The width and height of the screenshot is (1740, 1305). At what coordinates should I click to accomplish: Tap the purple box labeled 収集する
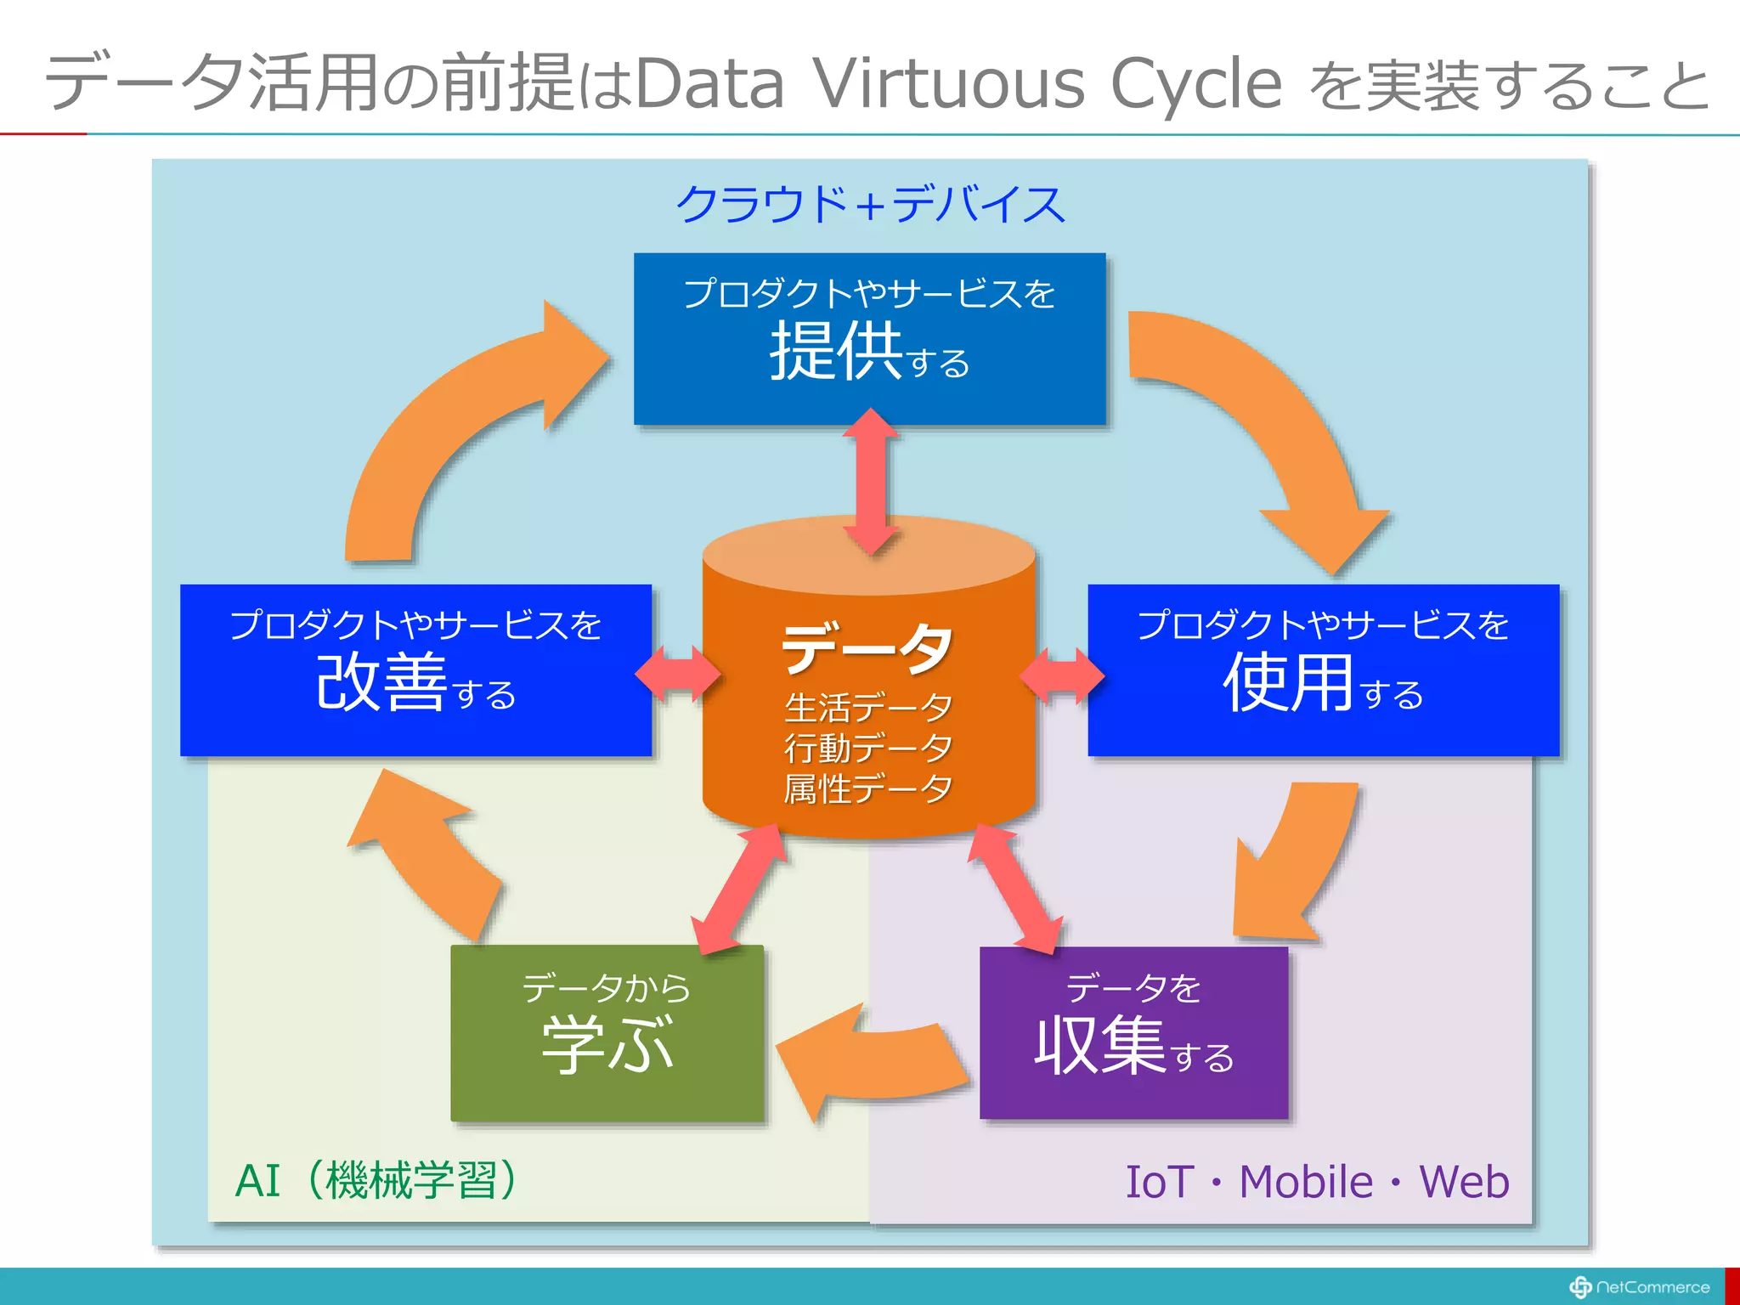pyautogui.click(x=1133, y=1032)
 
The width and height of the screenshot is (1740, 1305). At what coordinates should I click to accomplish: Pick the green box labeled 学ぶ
pyautogui.click(x=607, y=1032)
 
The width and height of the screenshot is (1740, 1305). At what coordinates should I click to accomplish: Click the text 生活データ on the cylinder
pyautogui.click(x=867, y=707)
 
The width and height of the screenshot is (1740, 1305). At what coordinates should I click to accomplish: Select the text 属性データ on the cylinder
pyautogui.click(x=867, y=788)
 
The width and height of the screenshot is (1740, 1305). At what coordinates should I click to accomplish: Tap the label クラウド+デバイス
pyautogui.click(x=869, y=205)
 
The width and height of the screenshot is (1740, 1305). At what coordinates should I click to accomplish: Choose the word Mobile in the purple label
pyautogui.click(x=1306, y=1182)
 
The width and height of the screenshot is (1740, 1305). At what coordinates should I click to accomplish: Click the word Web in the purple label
pyautogui.click(x=1464, y=1182)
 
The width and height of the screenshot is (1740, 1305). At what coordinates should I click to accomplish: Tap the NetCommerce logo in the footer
pyautogui.click(x=1639, y=1287)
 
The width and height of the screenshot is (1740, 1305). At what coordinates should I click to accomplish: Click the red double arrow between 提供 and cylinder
pyautogui.click(x=870, y=481)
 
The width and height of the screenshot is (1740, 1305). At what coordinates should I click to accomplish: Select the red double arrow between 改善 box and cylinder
pyautogui.click(x=677, y=675)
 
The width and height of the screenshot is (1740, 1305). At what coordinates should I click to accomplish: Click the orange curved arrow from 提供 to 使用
pyautogui.click(x=1274, y=425)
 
